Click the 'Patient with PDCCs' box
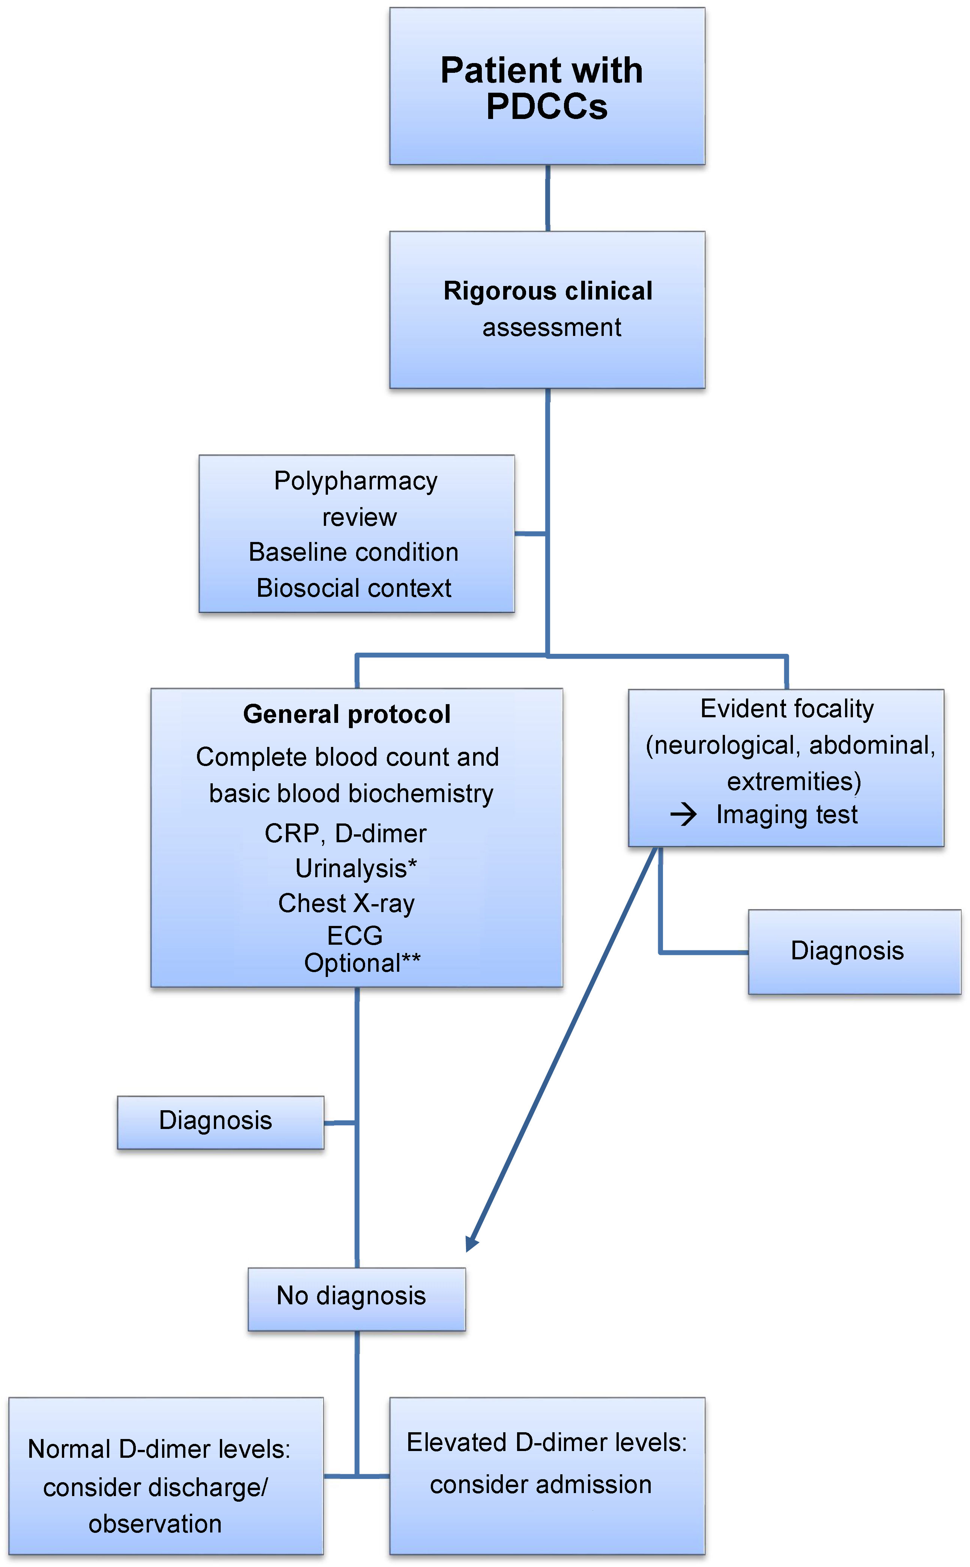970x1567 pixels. [x=547, y=87]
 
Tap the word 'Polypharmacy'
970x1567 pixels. [x=355, y=481]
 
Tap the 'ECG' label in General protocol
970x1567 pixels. [x=355, y=936]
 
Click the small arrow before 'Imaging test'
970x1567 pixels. [x=683, y=815]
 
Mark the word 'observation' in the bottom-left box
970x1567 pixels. [x=155, y=1524]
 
